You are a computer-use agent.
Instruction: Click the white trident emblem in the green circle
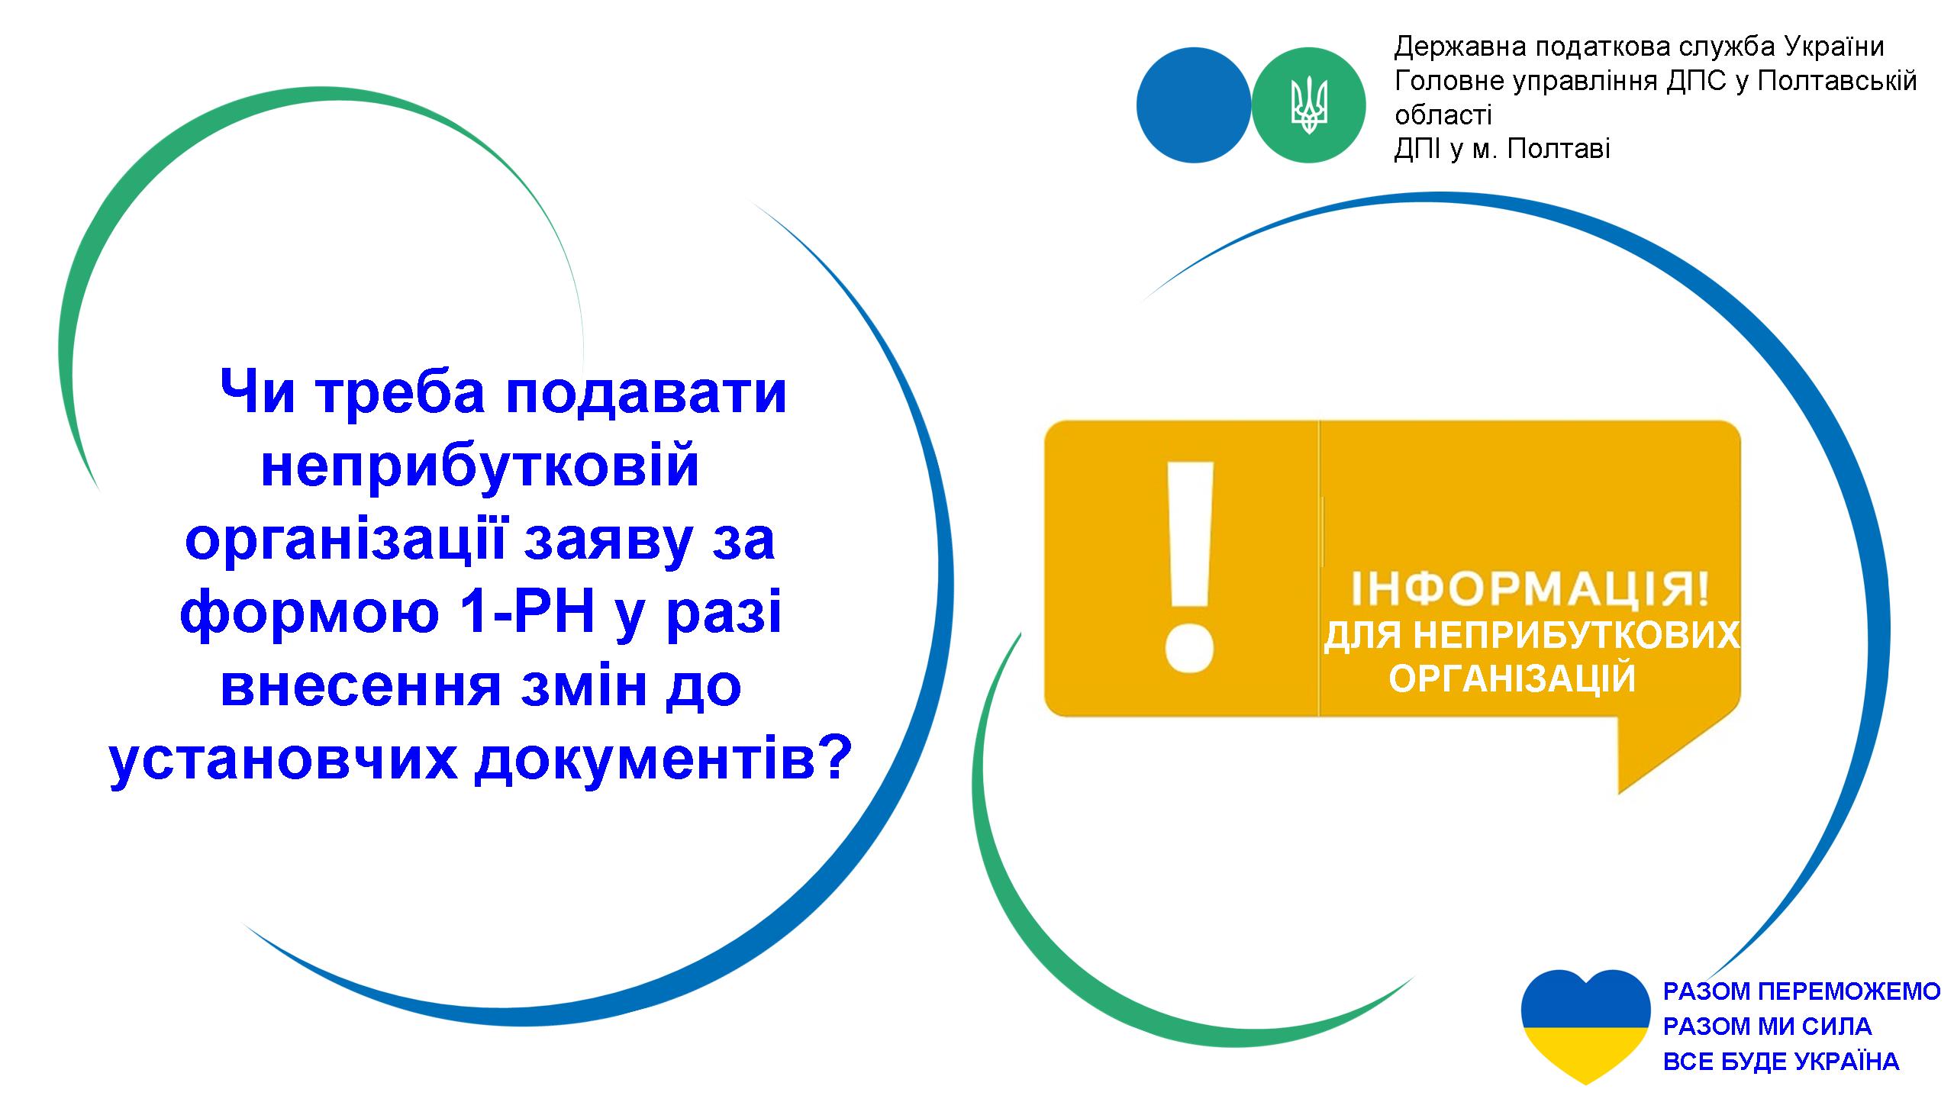pos(1309,105)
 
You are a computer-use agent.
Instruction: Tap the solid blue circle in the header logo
pos(1194,105)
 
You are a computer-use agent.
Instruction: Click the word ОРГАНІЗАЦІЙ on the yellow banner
pos(1513,678)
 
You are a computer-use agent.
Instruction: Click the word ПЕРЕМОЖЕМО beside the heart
pos(1850,991)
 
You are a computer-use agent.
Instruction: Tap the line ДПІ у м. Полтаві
pos(1502,148)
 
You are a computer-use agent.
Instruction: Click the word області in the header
pos(1443,114)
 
